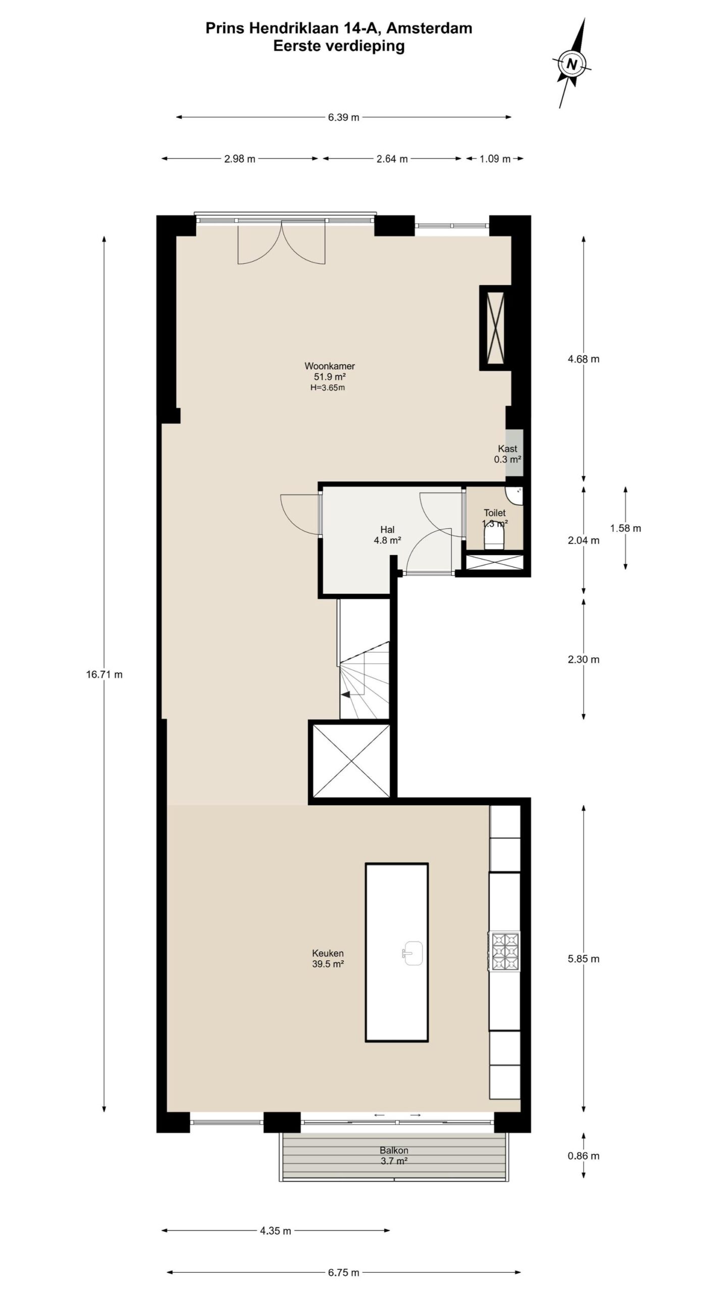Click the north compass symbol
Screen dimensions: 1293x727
pyautogui.click(x=572, y=64)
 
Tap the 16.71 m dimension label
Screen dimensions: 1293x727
pyautogui.click(x=104, y=674)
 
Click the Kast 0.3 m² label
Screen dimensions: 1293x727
pyautogui.click(x=507, y=454)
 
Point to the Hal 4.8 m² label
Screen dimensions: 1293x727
pyautogui.click(x=387, y=535)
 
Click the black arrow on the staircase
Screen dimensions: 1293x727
pyautogui.click(x=346, y=695)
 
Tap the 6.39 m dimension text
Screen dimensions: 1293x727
pyautogui.click(x=343, y=118)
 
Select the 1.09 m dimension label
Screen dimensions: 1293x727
pyautogui.click(x=495, y=159)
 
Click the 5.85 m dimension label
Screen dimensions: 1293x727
pyautogui.click(x=584, y=959)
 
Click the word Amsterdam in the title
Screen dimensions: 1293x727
pyautogui.click(x=433, y=28)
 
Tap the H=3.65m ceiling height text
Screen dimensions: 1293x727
pyautogui.click(x=328, y=388)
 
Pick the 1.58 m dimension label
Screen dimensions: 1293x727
pyautogui.click(x=626, y=528)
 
